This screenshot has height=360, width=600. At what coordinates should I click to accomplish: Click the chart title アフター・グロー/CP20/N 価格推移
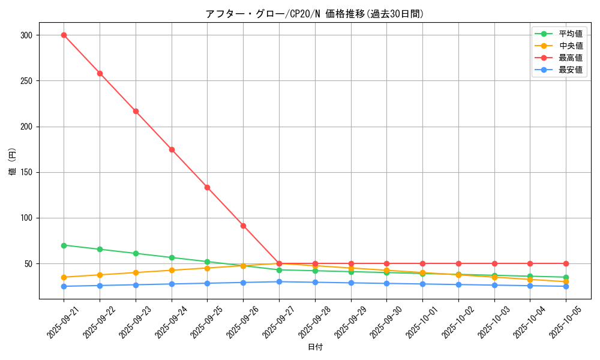(314, 14)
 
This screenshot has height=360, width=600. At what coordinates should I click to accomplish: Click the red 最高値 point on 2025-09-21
(64, 35)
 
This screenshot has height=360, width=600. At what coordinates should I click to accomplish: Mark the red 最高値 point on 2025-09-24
(172, 149)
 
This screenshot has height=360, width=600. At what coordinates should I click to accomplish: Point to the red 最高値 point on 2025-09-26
(243, 226)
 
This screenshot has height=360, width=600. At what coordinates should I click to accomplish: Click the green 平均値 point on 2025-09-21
(64, 245)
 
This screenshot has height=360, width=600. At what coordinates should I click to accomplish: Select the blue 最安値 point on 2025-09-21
(64, 286)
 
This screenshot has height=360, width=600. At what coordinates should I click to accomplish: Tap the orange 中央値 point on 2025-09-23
(136, 272)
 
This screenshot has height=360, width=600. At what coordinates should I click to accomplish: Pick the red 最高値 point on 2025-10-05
(566, 263)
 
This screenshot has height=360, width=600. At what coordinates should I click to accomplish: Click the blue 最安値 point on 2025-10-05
(566, 286)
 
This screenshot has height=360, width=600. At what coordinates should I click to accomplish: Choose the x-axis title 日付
(315, 347)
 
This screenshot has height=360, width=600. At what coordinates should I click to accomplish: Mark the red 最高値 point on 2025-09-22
(100, 73)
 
